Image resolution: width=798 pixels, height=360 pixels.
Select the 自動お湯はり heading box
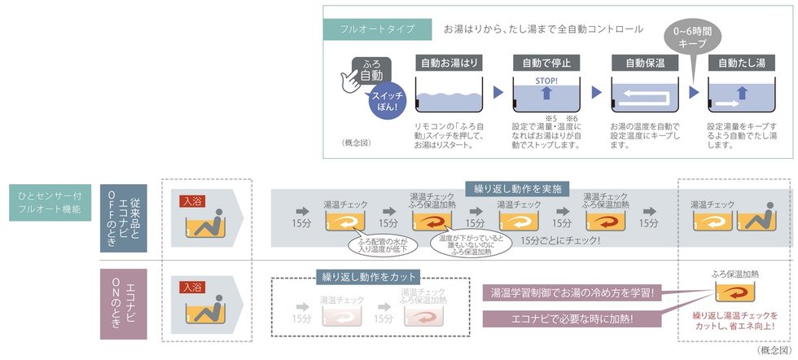449,62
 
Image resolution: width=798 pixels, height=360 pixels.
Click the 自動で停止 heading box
546,62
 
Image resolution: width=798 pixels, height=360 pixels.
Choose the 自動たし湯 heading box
741,62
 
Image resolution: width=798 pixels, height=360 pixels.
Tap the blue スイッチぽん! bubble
386,101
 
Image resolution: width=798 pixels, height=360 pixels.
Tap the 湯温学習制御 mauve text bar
573,292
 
